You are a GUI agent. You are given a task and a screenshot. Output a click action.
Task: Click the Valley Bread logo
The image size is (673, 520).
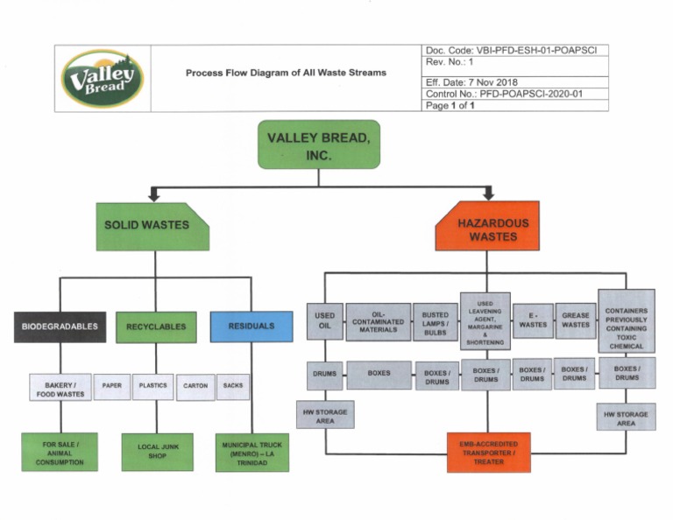tap(103, 78)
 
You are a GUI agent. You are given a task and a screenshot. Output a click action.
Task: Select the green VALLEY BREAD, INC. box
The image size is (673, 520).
tap(318, 144)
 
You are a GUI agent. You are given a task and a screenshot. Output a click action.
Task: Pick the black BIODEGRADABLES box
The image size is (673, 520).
tap(60, 327)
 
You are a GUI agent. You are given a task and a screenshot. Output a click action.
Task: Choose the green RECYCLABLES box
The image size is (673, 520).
tap(156, 327)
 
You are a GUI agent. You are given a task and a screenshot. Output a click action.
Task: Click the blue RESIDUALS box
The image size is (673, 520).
tap(251, 327)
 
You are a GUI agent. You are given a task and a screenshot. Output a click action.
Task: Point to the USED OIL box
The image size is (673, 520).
tap(324, 321)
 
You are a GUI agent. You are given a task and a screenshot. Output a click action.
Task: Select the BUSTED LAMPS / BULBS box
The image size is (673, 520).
tap(436, 321)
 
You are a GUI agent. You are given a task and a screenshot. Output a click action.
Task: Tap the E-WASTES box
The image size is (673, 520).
tap(532, 321)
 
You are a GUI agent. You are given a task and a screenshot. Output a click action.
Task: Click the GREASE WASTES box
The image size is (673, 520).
tap(575, 321)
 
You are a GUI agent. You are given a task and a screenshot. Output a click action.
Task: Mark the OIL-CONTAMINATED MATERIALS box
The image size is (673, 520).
tap(379, 321)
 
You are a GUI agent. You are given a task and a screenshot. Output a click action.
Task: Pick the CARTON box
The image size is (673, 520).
tap(195, 387)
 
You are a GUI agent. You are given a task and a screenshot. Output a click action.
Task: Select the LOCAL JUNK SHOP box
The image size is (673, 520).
tap(157, 452)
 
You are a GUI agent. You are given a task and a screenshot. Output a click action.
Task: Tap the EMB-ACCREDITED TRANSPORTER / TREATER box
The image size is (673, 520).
tap(488, 452)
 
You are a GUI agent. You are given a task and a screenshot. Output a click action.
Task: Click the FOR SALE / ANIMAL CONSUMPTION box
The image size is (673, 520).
tap(60, 452)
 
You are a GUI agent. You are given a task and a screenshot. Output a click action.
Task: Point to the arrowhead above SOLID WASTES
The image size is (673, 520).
tap(154, 195)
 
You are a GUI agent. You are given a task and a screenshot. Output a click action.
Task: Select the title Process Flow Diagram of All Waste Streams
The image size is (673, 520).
tap(286, 73)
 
